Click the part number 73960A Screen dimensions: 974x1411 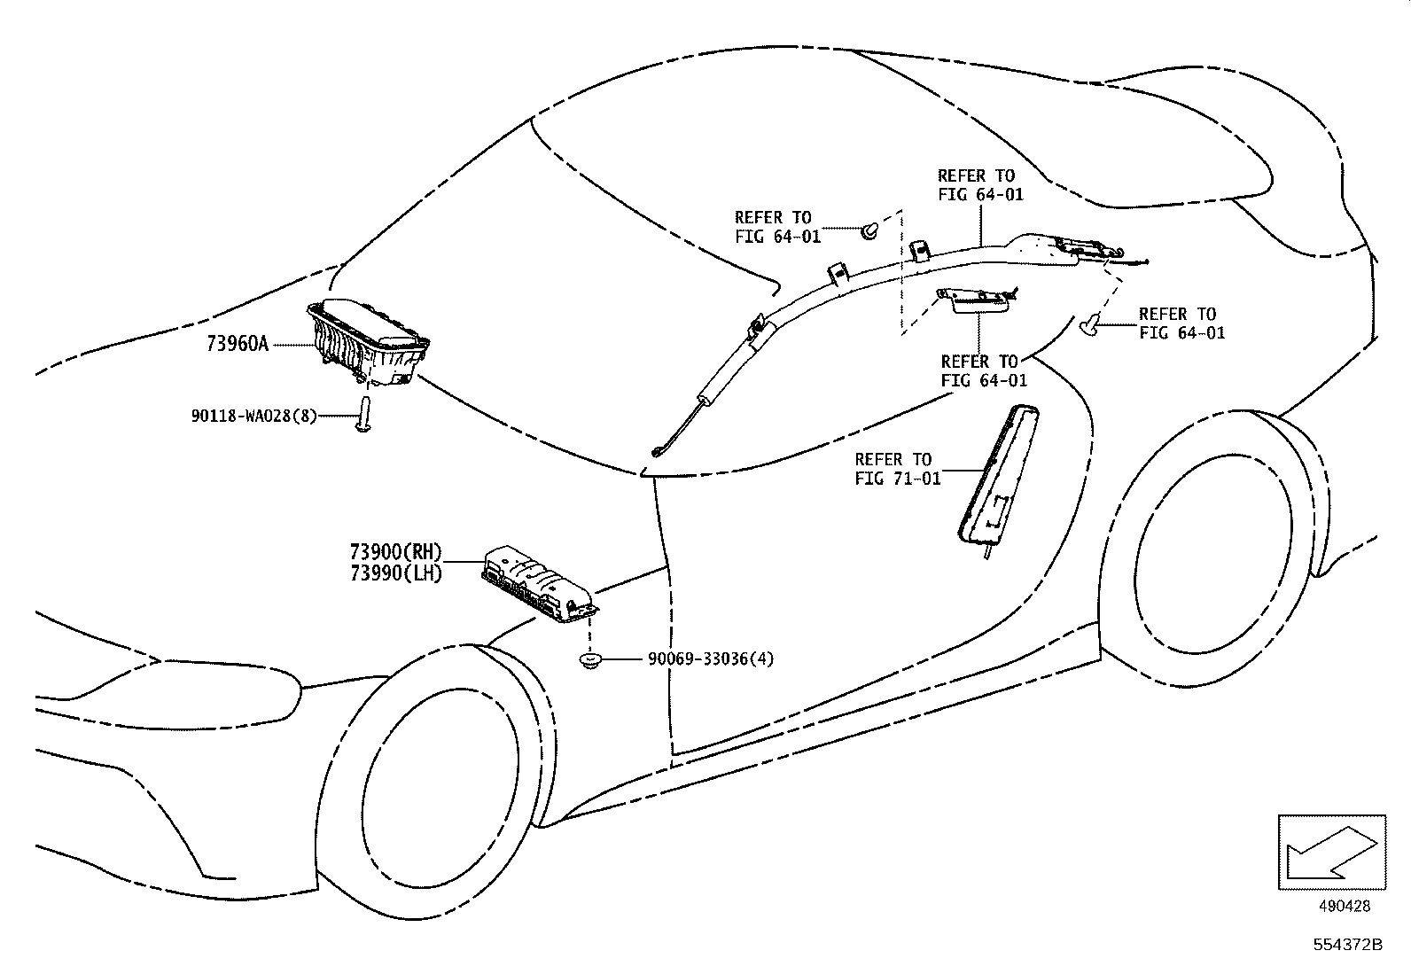click(237, 344)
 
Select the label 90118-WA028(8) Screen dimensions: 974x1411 click(253, 415)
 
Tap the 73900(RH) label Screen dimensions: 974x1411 click(395, 552)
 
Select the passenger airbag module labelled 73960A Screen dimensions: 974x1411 click(368, 341)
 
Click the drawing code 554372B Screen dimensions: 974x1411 click(1348, 945)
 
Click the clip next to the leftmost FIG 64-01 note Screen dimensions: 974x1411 click(869, 231)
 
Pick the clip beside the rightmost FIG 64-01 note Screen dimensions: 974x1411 click(1091, 327)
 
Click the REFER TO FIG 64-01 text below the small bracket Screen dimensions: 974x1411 click(983, 370)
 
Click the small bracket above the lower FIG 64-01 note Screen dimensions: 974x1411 click(978, 300)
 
